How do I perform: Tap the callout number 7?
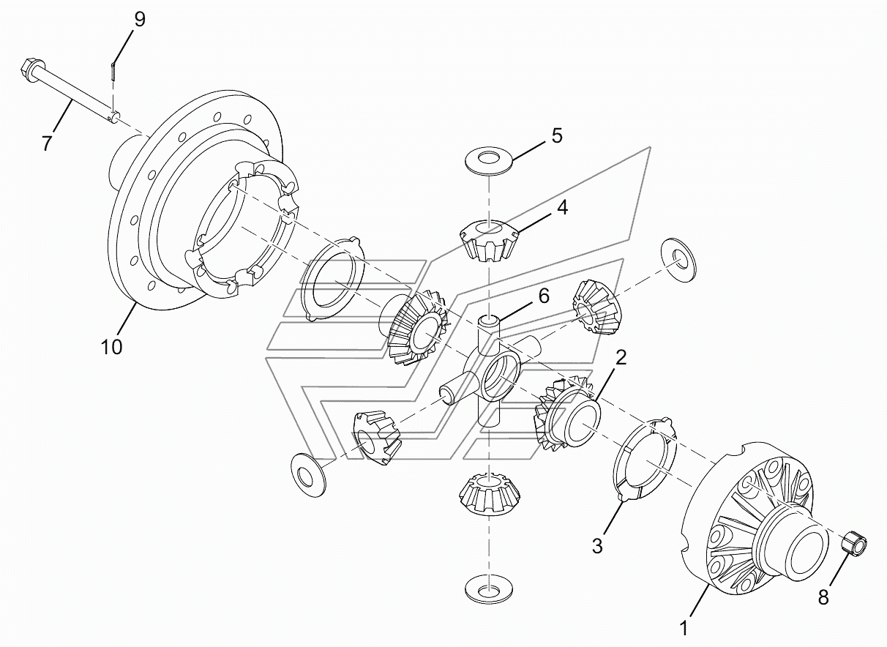coord(47,143)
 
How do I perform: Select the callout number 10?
coord(111,347)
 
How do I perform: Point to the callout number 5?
coord(557,136)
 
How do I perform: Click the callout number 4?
coord(562,207)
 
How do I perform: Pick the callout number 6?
coord(544,296)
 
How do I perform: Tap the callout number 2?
coord(621,358)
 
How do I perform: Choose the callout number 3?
coord(597,546)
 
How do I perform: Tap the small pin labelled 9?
coord(113,71)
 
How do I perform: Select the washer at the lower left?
coord(307,475)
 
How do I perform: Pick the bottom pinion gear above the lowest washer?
coord(490,493)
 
